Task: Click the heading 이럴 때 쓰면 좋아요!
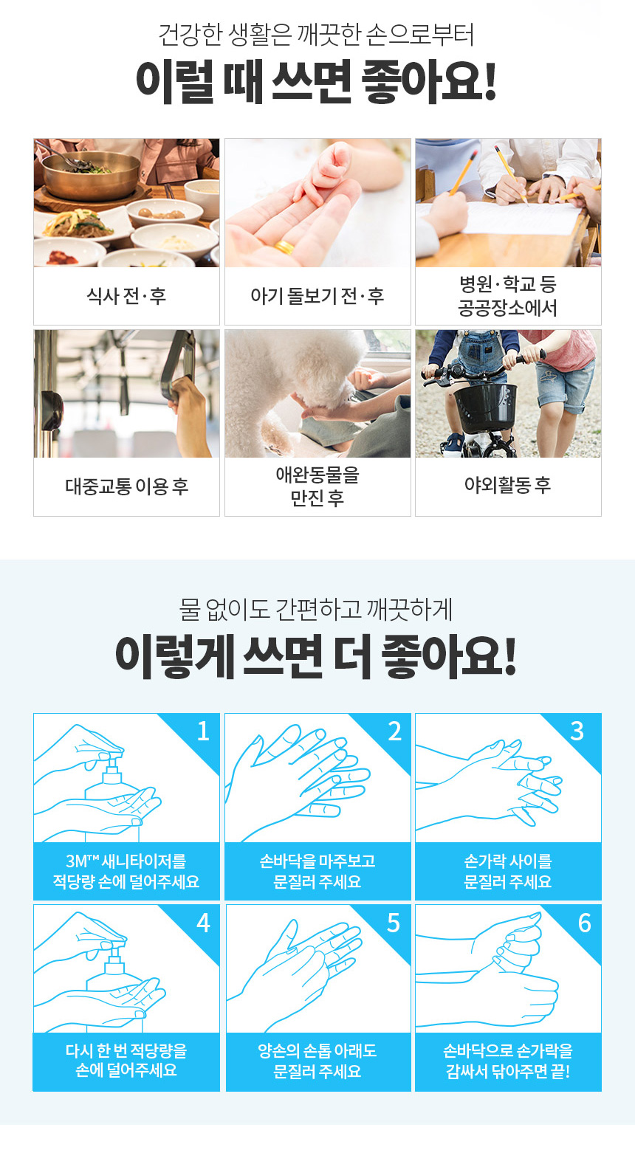(x=317, y=81)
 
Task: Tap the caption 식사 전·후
(x=126, y=296)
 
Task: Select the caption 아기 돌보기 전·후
(x=317, y=296)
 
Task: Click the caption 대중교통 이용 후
(x=126, y=486)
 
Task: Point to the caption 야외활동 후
(x=508, y=485)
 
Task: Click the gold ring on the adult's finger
(x=284, y=247)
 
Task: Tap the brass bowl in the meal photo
(x=90, y=175)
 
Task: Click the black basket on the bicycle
(x=484, y=407)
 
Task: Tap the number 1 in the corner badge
(x=204, y=731)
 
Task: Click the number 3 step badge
(x=577, y=731)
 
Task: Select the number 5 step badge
(x=394, y=923)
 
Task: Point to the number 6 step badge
(x=585, y=923)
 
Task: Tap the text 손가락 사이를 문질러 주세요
(x=508, y=871)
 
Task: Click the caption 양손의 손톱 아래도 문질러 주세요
(x=317, y=1061)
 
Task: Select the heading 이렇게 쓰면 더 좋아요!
(x=315, y=657)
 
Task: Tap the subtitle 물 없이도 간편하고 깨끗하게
(x=315, y=610)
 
